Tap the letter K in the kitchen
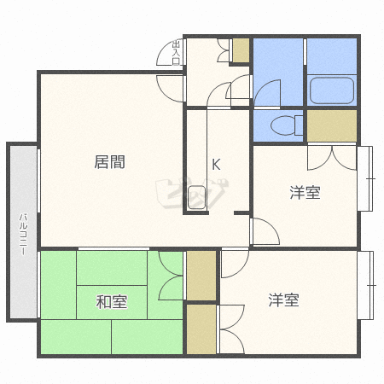(217, 164)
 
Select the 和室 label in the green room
(111, 301)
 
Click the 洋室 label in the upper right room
(305, 193)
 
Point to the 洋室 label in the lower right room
(284, 300)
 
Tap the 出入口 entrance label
(177, 53)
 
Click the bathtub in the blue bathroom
(330, 90)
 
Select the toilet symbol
(282, 126)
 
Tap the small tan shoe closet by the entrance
(241, 49)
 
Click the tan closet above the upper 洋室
(332, 125)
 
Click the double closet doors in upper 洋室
(332, 156)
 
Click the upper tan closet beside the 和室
(201, 275)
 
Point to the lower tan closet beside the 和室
(201, 329)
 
